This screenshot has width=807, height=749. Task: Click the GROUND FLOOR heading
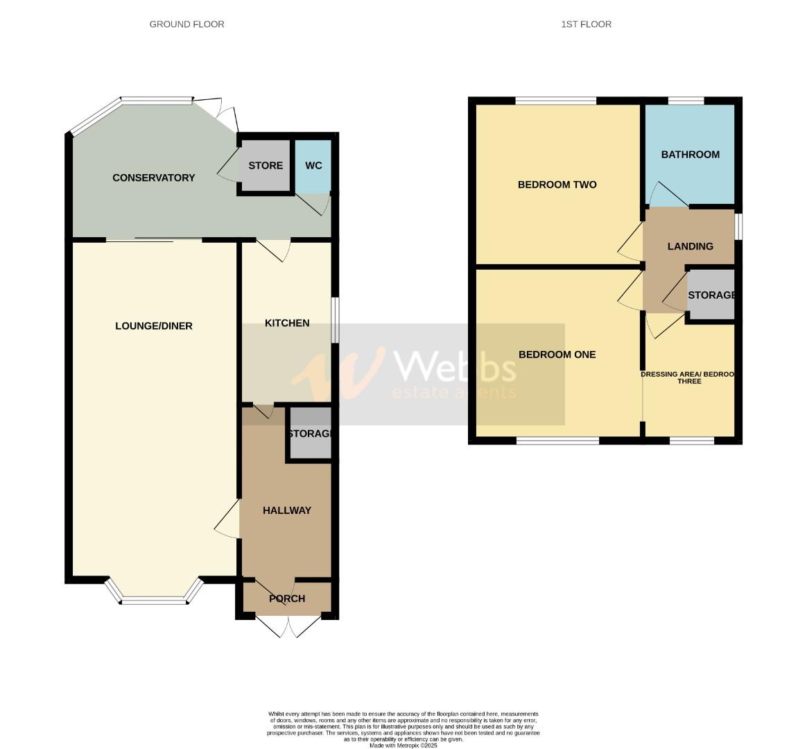[x=186, y=24]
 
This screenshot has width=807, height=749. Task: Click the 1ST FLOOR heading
[x=586, y=24]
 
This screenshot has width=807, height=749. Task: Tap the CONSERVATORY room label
[x=153, y=178]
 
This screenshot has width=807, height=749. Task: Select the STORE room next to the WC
[x=266, y=166]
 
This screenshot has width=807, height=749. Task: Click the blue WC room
[x=313, y=166]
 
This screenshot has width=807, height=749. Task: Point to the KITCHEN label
[x=287, y=323]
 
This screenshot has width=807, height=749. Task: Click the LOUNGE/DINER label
[x=153, y=326]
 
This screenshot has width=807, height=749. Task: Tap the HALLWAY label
[x=286, y=510]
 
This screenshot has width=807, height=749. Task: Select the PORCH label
[x=286, y=599]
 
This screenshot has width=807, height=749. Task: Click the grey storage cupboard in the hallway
[x=310, y=434]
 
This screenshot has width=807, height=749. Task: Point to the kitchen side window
[x=334, y=320]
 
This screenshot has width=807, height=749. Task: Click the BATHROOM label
[x=690, y=155]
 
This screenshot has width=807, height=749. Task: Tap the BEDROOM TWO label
[x=557, y=184]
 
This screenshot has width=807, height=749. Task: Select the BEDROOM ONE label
[x=557, y=354]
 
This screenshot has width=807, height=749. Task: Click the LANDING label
[x=690, y=246]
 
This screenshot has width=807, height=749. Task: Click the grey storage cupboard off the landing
[x=711, y=295]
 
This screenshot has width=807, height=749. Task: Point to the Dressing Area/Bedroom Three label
[x=688, y=377]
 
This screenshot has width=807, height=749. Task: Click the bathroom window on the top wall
[x=686, y=101]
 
